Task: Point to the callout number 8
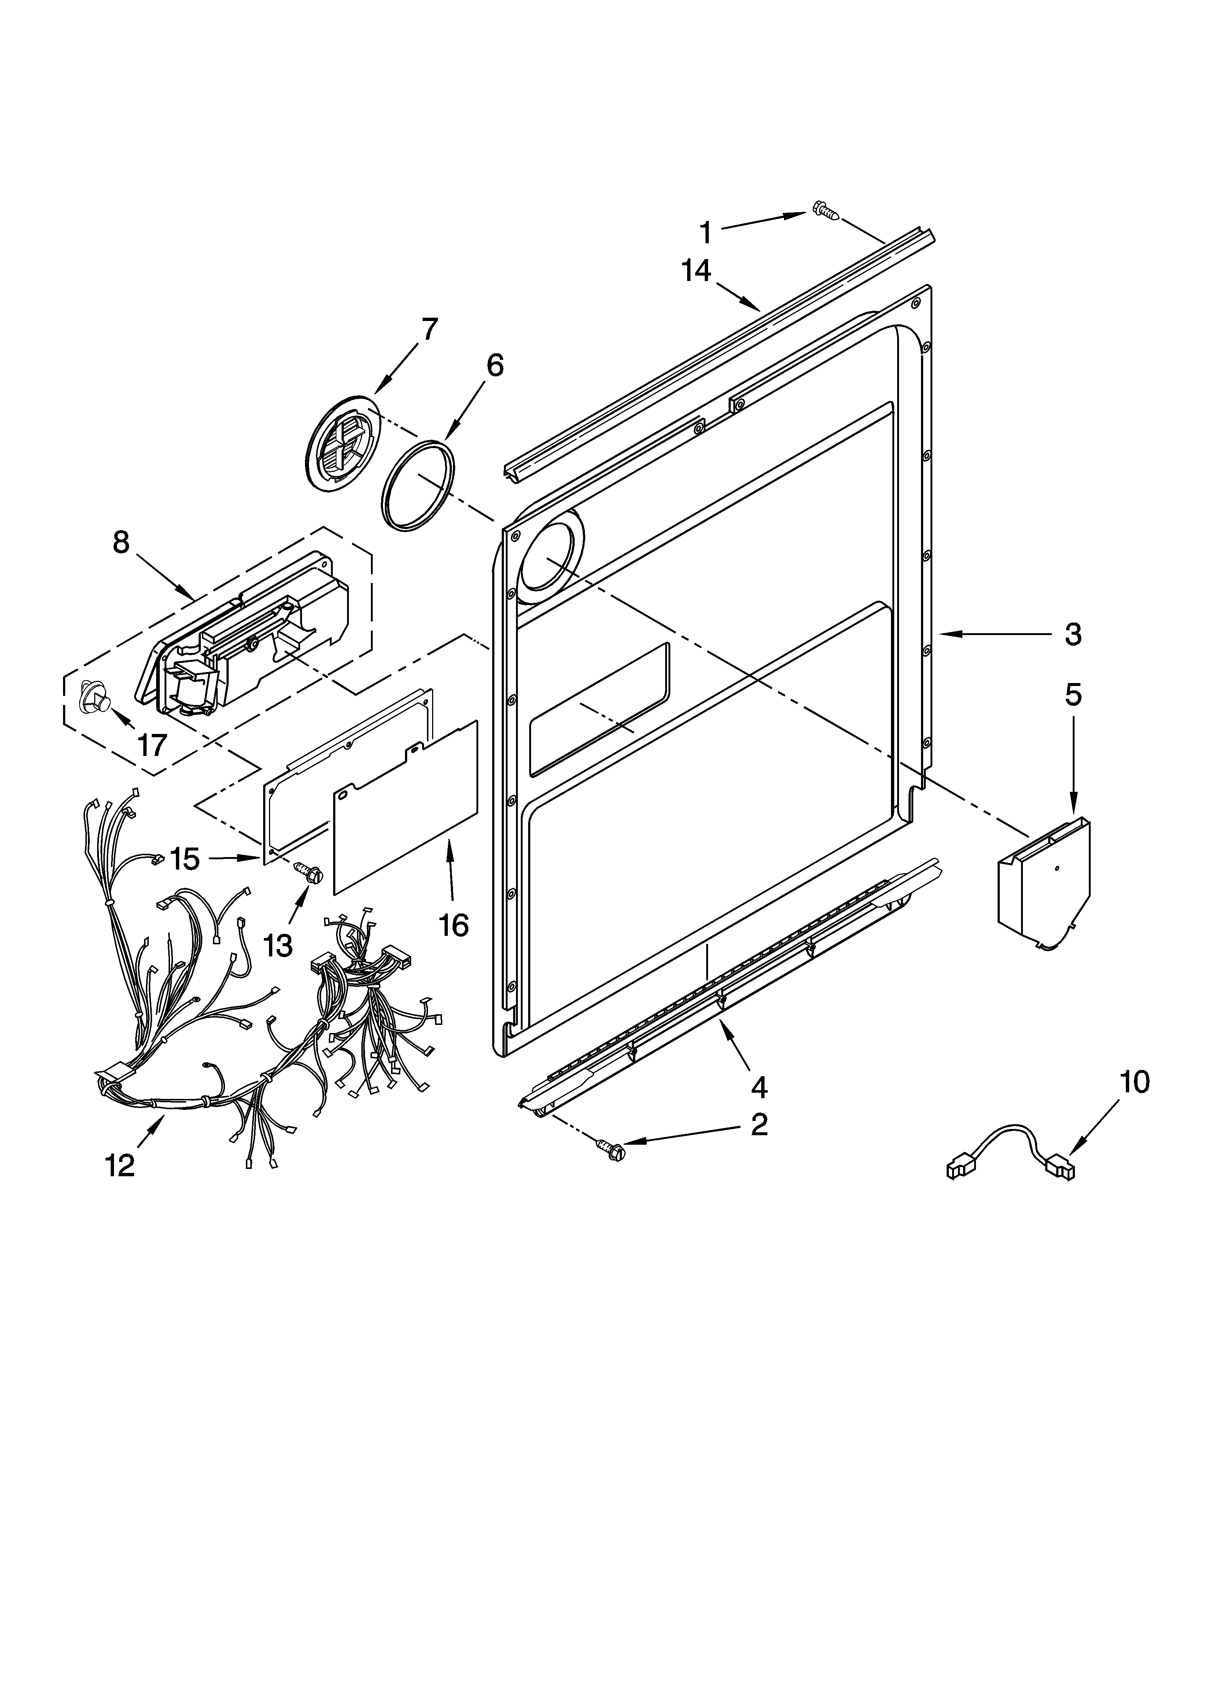point(121,542)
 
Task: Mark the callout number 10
point(1134,1082)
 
